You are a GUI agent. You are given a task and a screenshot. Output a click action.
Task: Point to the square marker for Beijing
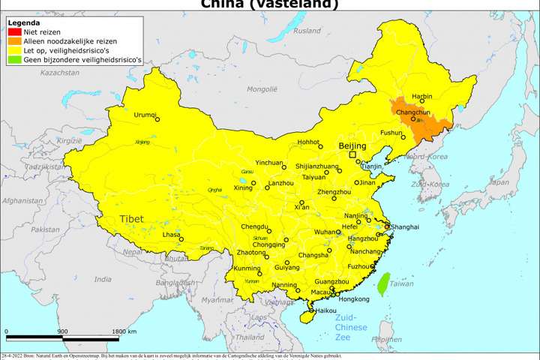(x=352, y=155)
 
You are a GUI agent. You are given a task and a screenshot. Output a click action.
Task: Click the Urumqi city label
(x=145, y=115)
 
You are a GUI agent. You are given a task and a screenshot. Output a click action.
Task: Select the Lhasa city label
(x=171, y=235)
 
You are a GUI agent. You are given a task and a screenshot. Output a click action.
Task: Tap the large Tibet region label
(x=131, y=218)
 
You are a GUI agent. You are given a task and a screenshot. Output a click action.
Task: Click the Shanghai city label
(x=404, y=226)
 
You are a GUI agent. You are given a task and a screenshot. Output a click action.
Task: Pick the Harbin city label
(x=422, y=97)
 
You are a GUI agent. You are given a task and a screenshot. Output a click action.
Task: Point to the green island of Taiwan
(x=382, y=283)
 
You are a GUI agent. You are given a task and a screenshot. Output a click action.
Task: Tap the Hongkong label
(x=355, y=298)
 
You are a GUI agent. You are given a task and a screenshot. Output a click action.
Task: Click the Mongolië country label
(x=262, y=88)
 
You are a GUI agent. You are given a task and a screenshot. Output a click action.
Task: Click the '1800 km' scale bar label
(x=124, y=331)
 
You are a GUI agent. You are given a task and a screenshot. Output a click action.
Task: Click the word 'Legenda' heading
(x=23, y=22)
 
